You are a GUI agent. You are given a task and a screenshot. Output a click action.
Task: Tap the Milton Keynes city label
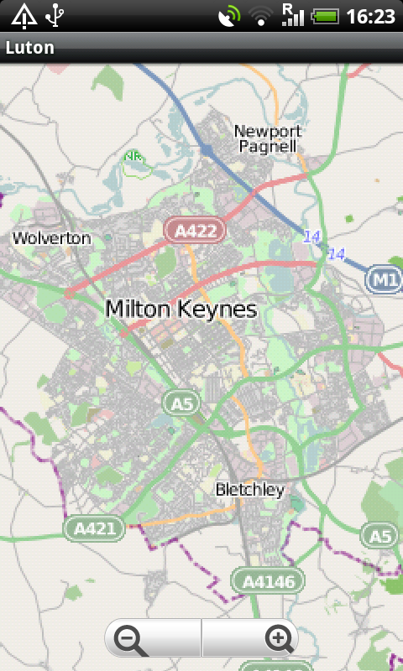(181, 309)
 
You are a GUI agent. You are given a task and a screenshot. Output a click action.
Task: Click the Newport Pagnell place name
(267, 138)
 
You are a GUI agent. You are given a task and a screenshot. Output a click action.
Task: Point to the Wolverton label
(51, 238)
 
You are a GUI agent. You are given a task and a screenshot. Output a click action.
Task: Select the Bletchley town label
(249, 490)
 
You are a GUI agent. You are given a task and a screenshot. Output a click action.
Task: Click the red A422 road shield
(195, 231)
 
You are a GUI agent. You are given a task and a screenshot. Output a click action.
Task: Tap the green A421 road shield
(94, 528)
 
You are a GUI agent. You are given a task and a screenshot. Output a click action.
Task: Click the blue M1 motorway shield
(384, 281)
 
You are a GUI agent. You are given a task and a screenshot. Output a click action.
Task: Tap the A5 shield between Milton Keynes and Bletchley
(182, 403)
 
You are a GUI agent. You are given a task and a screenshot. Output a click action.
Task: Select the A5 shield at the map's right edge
(380, 534)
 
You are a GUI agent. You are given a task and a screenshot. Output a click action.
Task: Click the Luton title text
(30, 48)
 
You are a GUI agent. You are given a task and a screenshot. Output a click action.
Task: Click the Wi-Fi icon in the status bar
(262, 16)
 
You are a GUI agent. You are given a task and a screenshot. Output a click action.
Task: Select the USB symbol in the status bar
(55, 15)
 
